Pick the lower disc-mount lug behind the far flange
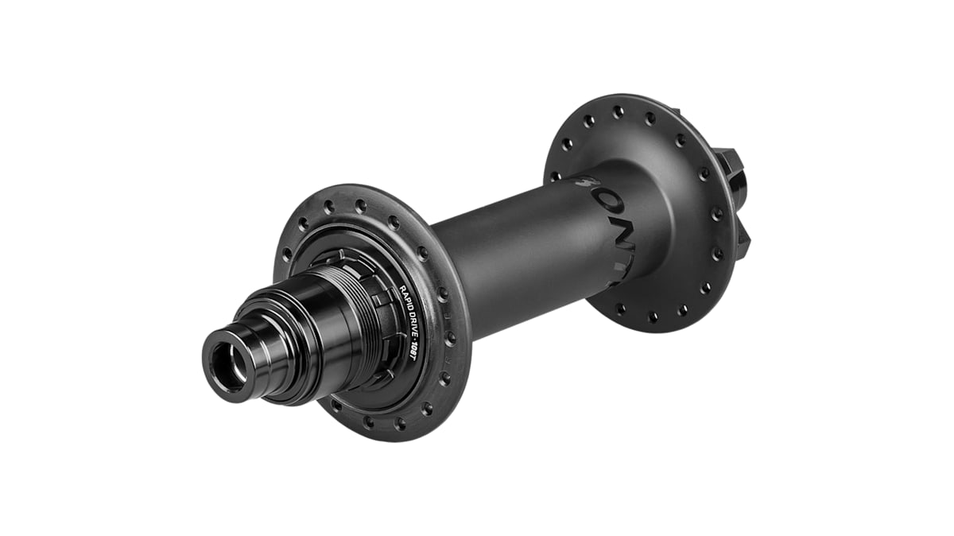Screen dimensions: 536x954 tap(743, 239)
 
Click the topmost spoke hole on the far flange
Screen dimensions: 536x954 tap(618, 112)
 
